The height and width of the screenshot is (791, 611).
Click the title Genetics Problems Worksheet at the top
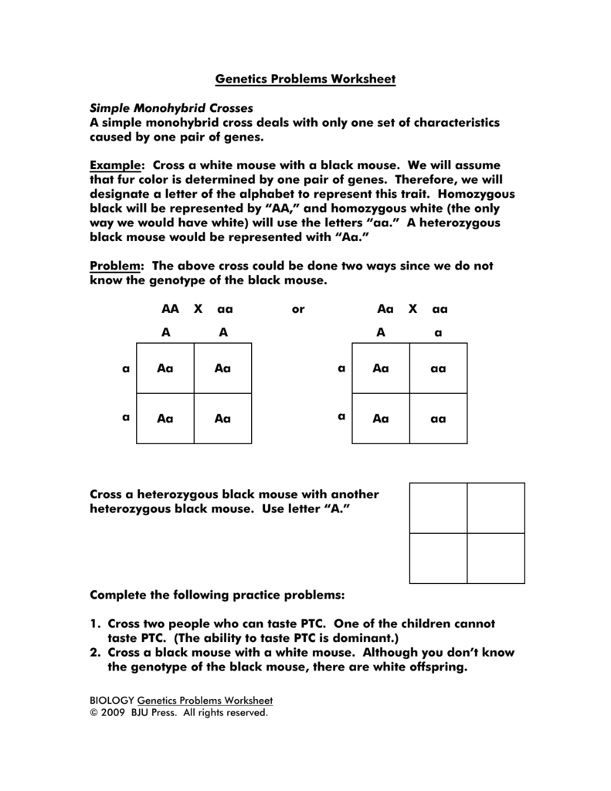point(305,80)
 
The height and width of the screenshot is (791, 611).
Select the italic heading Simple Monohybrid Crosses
point(172,108)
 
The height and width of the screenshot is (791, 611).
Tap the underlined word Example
point(117,165)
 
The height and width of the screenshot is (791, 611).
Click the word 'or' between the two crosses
point(298,309)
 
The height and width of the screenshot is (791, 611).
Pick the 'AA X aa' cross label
point(197,309)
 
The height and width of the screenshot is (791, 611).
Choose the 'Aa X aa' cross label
point(412,309)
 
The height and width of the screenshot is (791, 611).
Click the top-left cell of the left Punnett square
point(165,368)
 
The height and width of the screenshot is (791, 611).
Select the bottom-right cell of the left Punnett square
point(222,418)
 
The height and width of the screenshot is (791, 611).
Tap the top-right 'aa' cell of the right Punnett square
point(438,368)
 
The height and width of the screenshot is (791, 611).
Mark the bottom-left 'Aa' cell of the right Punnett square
point(381,418)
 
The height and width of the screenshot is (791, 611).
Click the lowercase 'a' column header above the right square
point(438,332)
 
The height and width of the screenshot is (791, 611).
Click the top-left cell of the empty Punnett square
point(438,508)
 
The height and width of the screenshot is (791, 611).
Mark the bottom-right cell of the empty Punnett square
point(496,558)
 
